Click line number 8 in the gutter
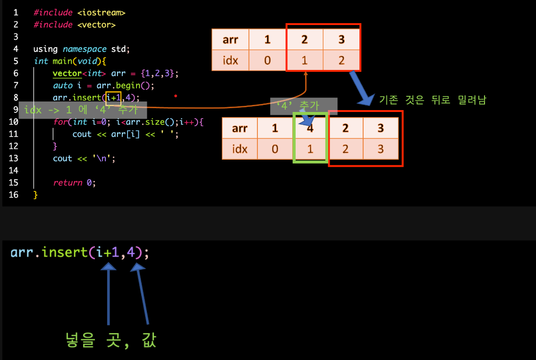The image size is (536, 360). pos(16,98)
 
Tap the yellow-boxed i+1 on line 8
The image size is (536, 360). pos(113,98)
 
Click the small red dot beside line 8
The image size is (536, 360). pos(176,96)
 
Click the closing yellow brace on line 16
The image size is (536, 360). pos(35,195)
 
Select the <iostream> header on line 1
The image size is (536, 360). pos(101,13)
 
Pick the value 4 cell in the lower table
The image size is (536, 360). pos(310,128)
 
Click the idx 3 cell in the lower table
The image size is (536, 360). pos(381,149)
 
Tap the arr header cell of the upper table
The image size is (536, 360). pos(230,40)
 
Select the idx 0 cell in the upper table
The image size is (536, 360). pos(267,60)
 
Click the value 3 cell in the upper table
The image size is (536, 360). pos(341,40)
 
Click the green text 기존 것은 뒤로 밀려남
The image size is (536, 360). pos(432,100)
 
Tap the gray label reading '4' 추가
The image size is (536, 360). pos(304,106)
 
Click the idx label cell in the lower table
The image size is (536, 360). pos(240,149)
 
